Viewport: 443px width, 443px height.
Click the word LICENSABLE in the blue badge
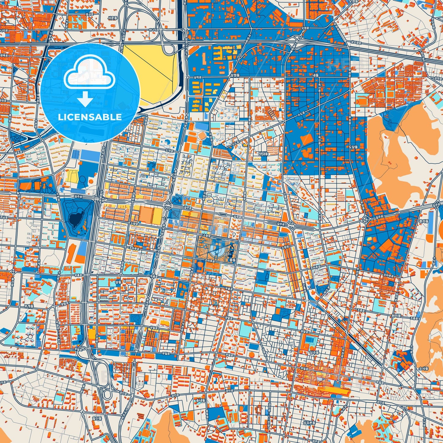click(x=90, y=117)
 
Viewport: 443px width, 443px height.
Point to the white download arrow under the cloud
click(x=85, y=99)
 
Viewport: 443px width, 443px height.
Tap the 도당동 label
click(x=353, y=147)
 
